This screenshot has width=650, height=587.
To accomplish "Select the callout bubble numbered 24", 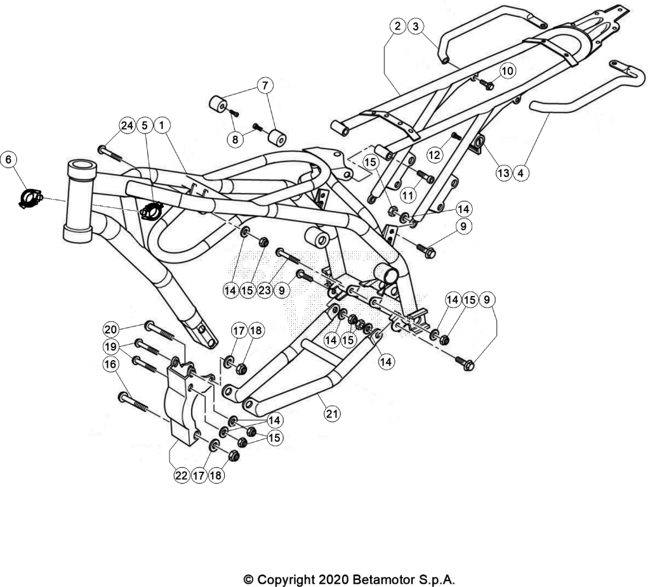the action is tap(127, 125).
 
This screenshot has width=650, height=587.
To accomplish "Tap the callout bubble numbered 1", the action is tap(162, 125).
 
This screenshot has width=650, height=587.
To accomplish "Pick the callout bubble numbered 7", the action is tap(265, 86).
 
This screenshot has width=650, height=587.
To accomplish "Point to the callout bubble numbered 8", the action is tap(235, 139).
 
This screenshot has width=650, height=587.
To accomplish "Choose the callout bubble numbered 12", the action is tap(434, 156).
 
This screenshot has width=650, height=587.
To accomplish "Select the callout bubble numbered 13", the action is tap(503, 172).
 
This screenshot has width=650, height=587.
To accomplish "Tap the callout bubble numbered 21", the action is tap(332, 413).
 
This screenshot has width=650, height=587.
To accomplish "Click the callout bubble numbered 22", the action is tap(182, 475).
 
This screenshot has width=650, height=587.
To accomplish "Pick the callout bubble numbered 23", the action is tap(265, 290).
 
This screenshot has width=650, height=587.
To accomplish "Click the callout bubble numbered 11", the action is tap(408, 195).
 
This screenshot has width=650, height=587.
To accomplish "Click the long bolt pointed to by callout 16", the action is tap(133, 401).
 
